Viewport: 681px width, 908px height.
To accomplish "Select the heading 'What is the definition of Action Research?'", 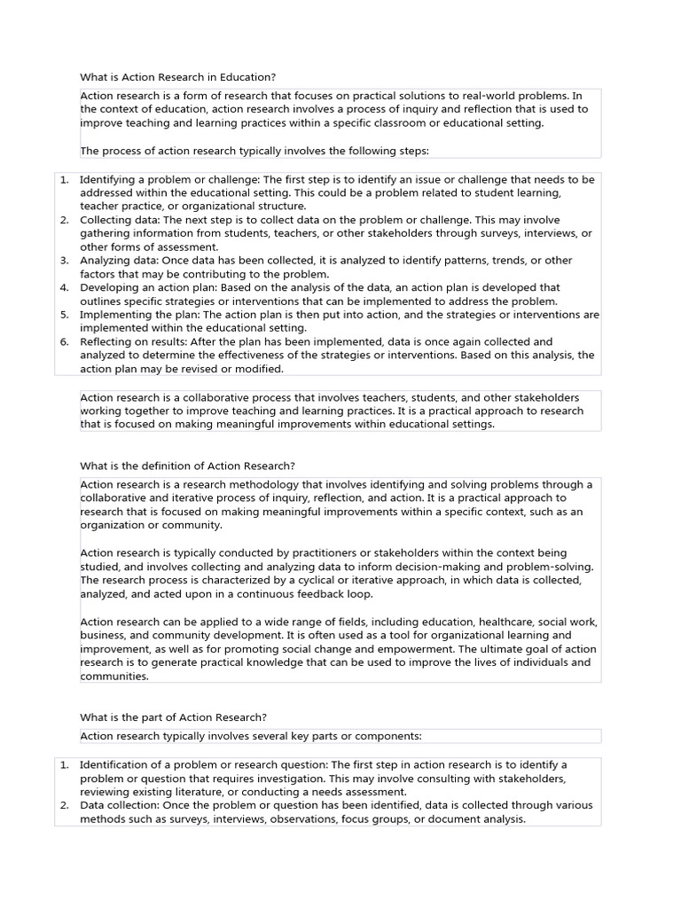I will pos(187,466).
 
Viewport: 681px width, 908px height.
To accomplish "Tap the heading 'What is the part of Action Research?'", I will pos(173,717).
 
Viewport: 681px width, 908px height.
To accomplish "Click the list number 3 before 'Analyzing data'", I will pos(65,261).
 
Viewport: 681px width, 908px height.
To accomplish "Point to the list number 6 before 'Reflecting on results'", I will pos(65,341).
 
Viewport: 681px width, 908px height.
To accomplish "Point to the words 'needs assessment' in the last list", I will pos(362,792).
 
